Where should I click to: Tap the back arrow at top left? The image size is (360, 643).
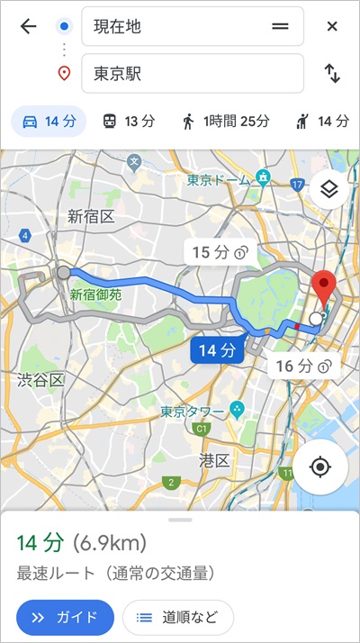tap(28, 26)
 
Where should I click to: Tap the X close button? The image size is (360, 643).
tap(332, 26)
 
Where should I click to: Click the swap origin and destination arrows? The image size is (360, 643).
tap(332, 74)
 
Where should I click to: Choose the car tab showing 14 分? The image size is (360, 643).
tap(49, 121)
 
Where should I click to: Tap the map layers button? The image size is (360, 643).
tap(328, 189)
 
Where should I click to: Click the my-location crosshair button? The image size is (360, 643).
tap(319, 466)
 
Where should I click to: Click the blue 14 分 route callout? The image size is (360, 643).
tap(217, 350)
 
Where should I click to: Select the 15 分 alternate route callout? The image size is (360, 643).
tap(215, 252)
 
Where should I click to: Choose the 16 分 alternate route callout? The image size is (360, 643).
tap(298, 366)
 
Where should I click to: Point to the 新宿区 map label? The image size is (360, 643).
tap(90, 216)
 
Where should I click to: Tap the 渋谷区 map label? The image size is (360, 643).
tap(41, 380)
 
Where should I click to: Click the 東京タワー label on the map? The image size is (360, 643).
tap(193, 412)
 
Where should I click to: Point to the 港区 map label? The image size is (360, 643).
tap(214, 460)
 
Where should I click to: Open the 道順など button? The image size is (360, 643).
tap(177, 617)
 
